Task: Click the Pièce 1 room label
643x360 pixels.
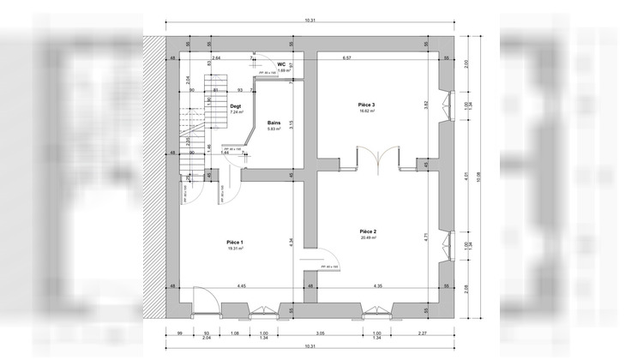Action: coord(235,242)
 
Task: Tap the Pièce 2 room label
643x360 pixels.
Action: coord(369,231)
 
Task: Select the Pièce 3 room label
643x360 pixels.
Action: coord(367,105)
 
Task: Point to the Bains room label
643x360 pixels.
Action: coord(274,123)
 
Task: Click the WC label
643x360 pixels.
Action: coord(281,64)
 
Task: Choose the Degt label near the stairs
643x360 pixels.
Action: coord(236,105)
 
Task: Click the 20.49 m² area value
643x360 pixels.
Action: coord(369,238)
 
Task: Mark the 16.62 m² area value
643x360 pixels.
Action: coord(367,111)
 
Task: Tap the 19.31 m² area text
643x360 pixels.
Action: coord(235,249)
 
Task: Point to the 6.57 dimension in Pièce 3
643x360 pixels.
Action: coord(347,57)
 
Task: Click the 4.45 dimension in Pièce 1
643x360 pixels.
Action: coord(243,285)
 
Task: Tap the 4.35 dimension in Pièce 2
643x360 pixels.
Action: coord(378,285)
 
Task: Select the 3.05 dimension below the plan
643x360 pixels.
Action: coord(319,333)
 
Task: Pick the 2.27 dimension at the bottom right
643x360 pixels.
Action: coord(423,333)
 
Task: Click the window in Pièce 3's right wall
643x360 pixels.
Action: coord(445,105)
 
